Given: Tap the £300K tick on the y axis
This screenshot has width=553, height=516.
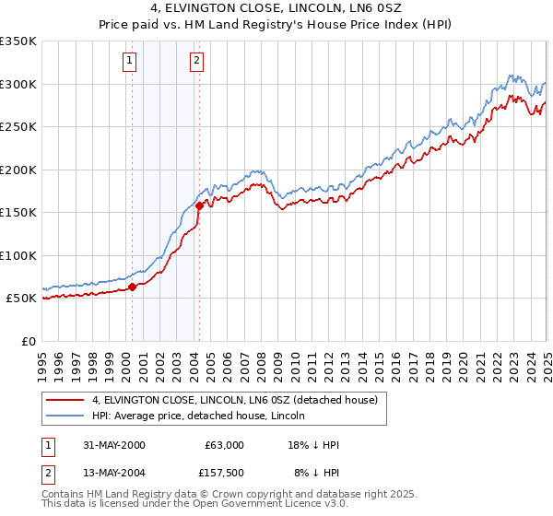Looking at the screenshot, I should tap(18, 84).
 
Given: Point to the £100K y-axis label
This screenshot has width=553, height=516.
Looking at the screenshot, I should tap(18, 255).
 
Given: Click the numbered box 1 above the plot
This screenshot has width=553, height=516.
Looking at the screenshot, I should tap(128, 62).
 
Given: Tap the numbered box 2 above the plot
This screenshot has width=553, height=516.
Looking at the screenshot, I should tap(196, 62).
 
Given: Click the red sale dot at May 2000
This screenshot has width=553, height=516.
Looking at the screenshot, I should tap(132, 287).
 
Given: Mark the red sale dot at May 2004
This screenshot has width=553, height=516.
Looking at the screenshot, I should tap(199, 205).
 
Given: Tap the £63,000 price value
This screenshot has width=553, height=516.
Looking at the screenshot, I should tap(224, 445).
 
